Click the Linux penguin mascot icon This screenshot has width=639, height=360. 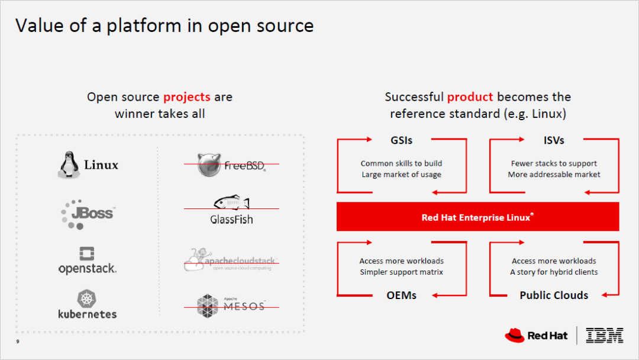(68, 165)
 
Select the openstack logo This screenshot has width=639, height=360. (87, 261)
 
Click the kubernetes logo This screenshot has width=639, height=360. (87, 304)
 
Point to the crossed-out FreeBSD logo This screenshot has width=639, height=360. (231, 164)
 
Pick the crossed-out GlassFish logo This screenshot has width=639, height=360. (231, 211)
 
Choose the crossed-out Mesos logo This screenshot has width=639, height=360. (231, 304)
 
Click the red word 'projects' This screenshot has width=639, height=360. (186, 97)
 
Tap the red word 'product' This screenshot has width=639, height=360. (470, 97)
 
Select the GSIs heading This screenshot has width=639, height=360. (402, 140)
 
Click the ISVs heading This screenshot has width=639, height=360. (554, 140)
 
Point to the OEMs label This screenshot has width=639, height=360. (402, 295)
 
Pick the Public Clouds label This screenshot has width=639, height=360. (554, 295)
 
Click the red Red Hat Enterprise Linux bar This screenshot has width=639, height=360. (477, 217)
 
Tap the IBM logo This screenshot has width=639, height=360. (604, 336)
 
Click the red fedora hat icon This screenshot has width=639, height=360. (514, 336)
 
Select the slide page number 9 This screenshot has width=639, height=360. (18, 342)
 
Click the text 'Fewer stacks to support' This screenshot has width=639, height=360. (554, 163)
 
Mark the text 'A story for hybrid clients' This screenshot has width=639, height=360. (554, 272)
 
